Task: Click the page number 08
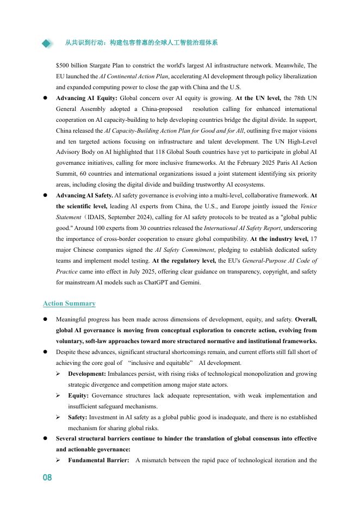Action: pyautogui.click(x=47, y=477)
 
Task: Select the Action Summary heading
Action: pyautogui.click(x=69, y=303)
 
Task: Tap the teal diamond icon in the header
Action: pyautogui.click(x=48, y=44)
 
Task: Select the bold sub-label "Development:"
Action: pyautogui.click(x=86, y=374)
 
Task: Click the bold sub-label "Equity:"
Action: pyautogui.click(x=79, y=395)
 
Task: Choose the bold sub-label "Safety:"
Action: pyautogui.click(x=78, y=417)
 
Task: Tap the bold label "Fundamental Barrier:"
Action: pyautogui.click(x=98, y=461)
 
